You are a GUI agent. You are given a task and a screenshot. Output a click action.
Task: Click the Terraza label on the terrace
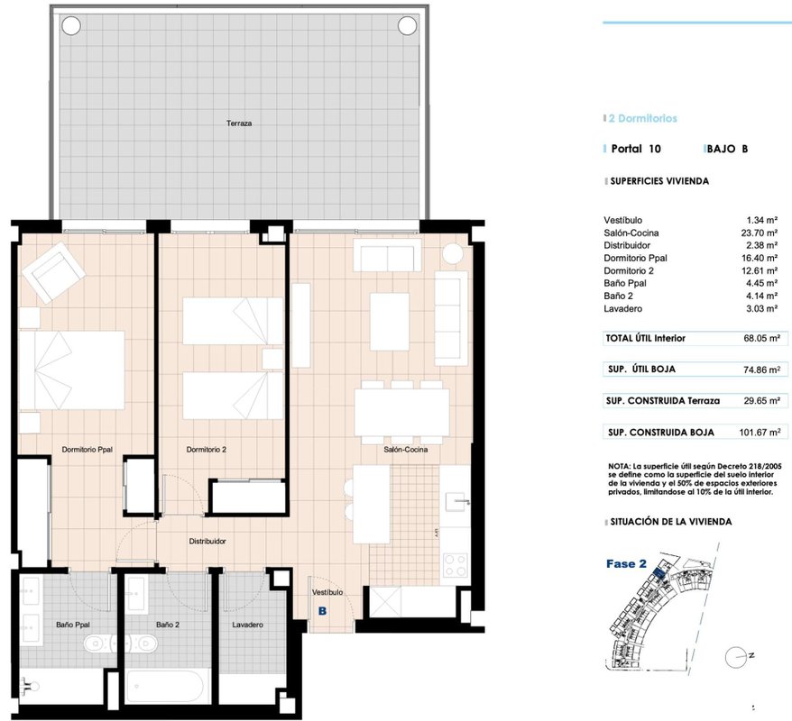(239, 123)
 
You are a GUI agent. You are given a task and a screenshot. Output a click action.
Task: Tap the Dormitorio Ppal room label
(87, 449)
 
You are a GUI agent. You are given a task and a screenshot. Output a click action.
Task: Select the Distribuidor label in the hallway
(207, 541)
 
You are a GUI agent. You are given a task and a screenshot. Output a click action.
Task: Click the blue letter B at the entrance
(322, 611)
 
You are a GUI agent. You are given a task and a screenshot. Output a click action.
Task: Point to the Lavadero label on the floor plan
(247, 625)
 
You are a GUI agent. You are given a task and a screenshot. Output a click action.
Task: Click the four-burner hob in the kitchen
(455, 565)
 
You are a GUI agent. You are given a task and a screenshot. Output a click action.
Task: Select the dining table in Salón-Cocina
(401, 412)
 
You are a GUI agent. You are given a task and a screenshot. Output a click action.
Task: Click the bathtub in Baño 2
(167, 685)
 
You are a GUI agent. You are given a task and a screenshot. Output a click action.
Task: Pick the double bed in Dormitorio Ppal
(72, 370)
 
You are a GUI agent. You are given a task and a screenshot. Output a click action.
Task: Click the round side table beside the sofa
(453, 254)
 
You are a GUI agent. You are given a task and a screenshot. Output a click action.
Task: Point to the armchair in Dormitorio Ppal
(53, 272)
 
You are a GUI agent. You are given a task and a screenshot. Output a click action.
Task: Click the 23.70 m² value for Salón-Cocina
(759, 233)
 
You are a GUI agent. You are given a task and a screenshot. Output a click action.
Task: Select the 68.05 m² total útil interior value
(761, 339)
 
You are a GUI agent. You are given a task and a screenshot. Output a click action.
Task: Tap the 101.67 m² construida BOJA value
(760, 433)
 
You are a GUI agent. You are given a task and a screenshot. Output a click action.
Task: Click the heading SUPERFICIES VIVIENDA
(659, 181)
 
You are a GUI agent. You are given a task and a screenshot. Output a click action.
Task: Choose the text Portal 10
(635, 149)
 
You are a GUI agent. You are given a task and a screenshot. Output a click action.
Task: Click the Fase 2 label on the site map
(626, 564)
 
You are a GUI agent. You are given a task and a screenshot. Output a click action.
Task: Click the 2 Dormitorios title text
(642, 119)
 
